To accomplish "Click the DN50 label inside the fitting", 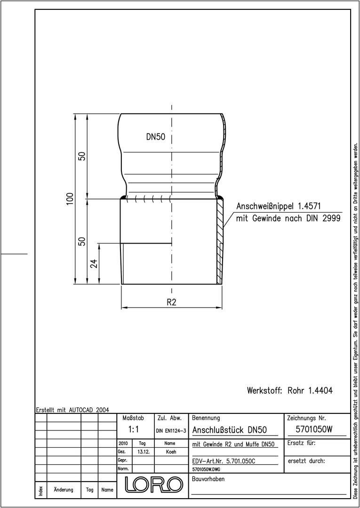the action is (156, 137).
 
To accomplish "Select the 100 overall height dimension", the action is (70, 199).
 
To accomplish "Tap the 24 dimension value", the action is (94, 263).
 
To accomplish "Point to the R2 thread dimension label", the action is (171, 302).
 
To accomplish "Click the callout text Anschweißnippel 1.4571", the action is (279, 206).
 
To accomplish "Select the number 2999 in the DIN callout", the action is (331, 218).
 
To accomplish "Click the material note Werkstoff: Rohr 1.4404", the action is (290, 390).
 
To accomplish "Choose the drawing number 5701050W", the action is (314, 429).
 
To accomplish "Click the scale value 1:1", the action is (134, 429).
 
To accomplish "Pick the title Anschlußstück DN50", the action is (230, 430).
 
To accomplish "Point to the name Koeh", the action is (171, 452).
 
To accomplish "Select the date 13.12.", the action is (144, 452).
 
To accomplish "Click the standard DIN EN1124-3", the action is (171, 430).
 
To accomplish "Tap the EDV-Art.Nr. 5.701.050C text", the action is (224, 461).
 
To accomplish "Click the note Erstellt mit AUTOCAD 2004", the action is (72, 410).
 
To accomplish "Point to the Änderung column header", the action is (64, 490).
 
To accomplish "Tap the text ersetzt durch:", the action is (306, 460).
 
